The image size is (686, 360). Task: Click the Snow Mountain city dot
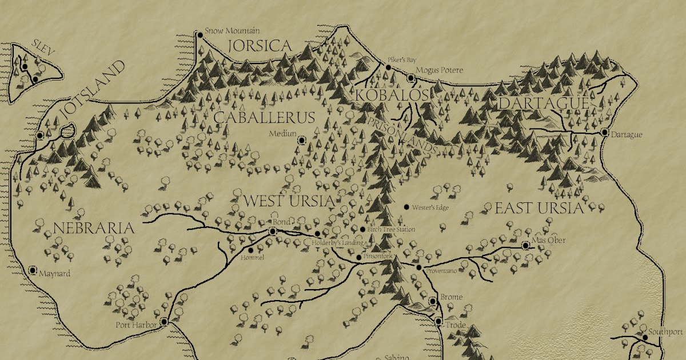point(200,35)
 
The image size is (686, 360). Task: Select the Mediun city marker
point(302,140)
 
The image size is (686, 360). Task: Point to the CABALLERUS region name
point(264,118)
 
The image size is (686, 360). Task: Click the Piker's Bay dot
point(388,67)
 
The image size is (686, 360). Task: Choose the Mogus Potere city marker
point(410,77)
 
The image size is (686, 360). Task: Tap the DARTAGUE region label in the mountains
point(543,103)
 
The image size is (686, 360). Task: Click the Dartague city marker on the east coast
point(604,132)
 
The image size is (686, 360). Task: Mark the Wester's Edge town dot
point(406,207)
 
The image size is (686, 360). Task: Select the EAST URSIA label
point(539,207)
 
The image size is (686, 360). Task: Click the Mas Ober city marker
point(526,245)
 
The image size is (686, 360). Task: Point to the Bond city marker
point(273,231)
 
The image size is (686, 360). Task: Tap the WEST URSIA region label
point(288,201)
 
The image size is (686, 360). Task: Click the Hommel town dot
point(250,250)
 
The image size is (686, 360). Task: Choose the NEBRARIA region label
point(94,229)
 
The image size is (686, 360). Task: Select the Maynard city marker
point(33,270)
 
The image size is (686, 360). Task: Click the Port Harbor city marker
point(164,322)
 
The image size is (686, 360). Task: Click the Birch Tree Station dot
point(362,230)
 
